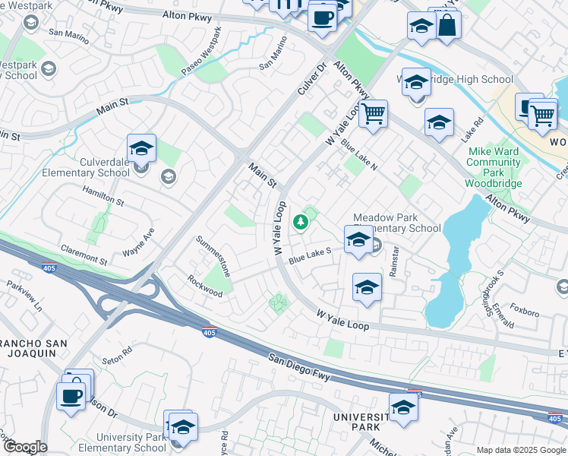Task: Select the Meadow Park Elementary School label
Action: [x=396, y=222]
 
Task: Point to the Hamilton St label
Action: [x=103, y=198]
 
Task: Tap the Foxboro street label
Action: [x=525, y=310]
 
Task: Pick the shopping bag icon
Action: [x=449, y=25]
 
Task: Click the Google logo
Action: [x=24, y=447]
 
